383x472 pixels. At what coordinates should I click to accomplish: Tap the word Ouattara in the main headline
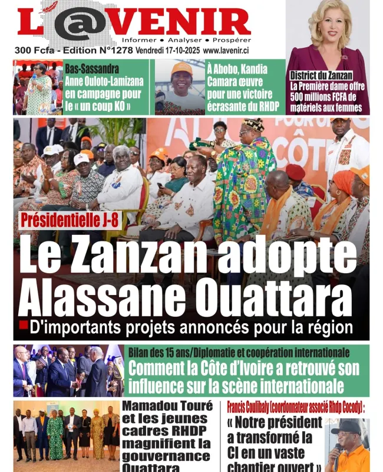[x=263, y=300]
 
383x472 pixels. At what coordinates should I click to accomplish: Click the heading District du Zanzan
[x=321, y=76]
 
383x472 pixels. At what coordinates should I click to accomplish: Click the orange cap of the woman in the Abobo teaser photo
[x=181, y=68]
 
